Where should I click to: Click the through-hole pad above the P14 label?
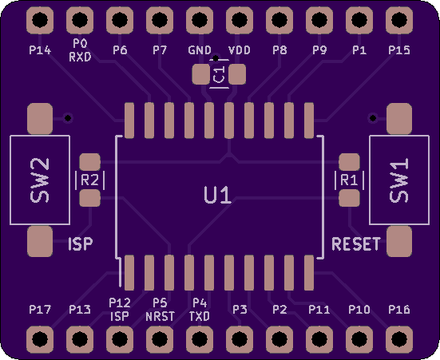point(40,20)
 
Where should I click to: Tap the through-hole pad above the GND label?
point(200,20)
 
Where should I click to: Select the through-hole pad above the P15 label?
point(399,20)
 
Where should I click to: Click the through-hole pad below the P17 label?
point(40,339)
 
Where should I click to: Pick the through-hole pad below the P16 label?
point(399,339)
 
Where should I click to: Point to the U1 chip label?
point(218,196)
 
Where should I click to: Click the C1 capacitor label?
point(219,74)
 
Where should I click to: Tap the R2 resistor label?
point(89,180)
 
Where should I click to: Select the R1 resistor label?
point(349,180)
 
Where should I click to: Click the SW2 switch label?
point(40,180)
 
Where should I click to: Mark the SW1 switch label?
point(398,180)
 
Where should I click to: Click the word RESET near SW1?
point(356,243)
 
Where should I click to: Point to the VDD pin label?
point(240,50)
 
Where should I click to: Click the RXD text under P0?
point(80,57)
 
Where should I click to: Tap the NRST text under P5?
point(161,317)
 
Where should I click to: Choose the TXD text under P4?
point(199,317)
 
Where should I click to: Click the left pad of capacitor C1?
point(201,74)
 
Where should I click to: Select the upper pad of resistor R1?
point(349,162)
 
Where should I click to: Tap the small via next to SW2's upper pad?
point(68,118)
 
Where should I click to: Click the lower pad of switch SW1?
point(399,242)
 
